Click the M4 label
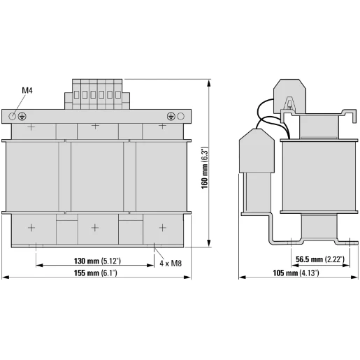27,91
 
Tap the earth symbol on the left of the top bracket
22,115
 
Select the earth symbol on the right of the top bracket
171,115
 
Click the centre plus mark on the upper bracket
96,127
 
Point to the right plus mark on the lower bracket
162,227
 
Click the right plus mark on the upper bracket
162,127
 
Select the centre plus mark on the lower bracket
96,227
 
